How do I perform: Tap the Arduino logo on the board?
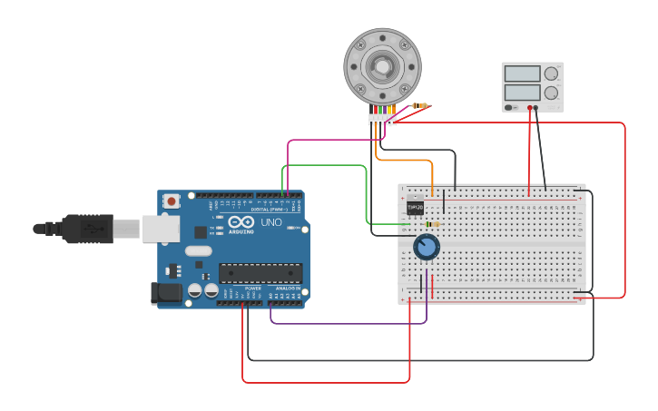241,222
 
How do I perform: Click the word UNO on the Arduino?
271,222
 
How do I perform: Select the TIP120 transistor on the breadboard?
415,206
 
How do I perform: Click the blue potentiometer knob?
426,247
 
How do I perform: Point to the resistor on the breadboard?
432,224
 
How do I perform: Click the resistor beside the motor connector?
419,105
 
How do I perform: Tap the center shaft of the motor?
382,65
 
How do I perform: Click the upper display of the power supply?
522,73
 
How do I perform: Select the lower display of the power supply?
522,93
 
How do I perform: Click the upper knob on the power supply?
551,73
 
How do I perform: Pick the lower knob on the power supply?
551,93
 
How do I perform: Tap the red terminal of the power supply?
529,108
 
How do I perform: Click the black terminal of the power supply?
536,108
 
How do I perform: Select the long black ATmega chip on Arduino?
260,273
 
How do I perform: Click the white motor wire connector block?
382,119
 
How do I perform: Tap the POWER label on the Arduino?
253,289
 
